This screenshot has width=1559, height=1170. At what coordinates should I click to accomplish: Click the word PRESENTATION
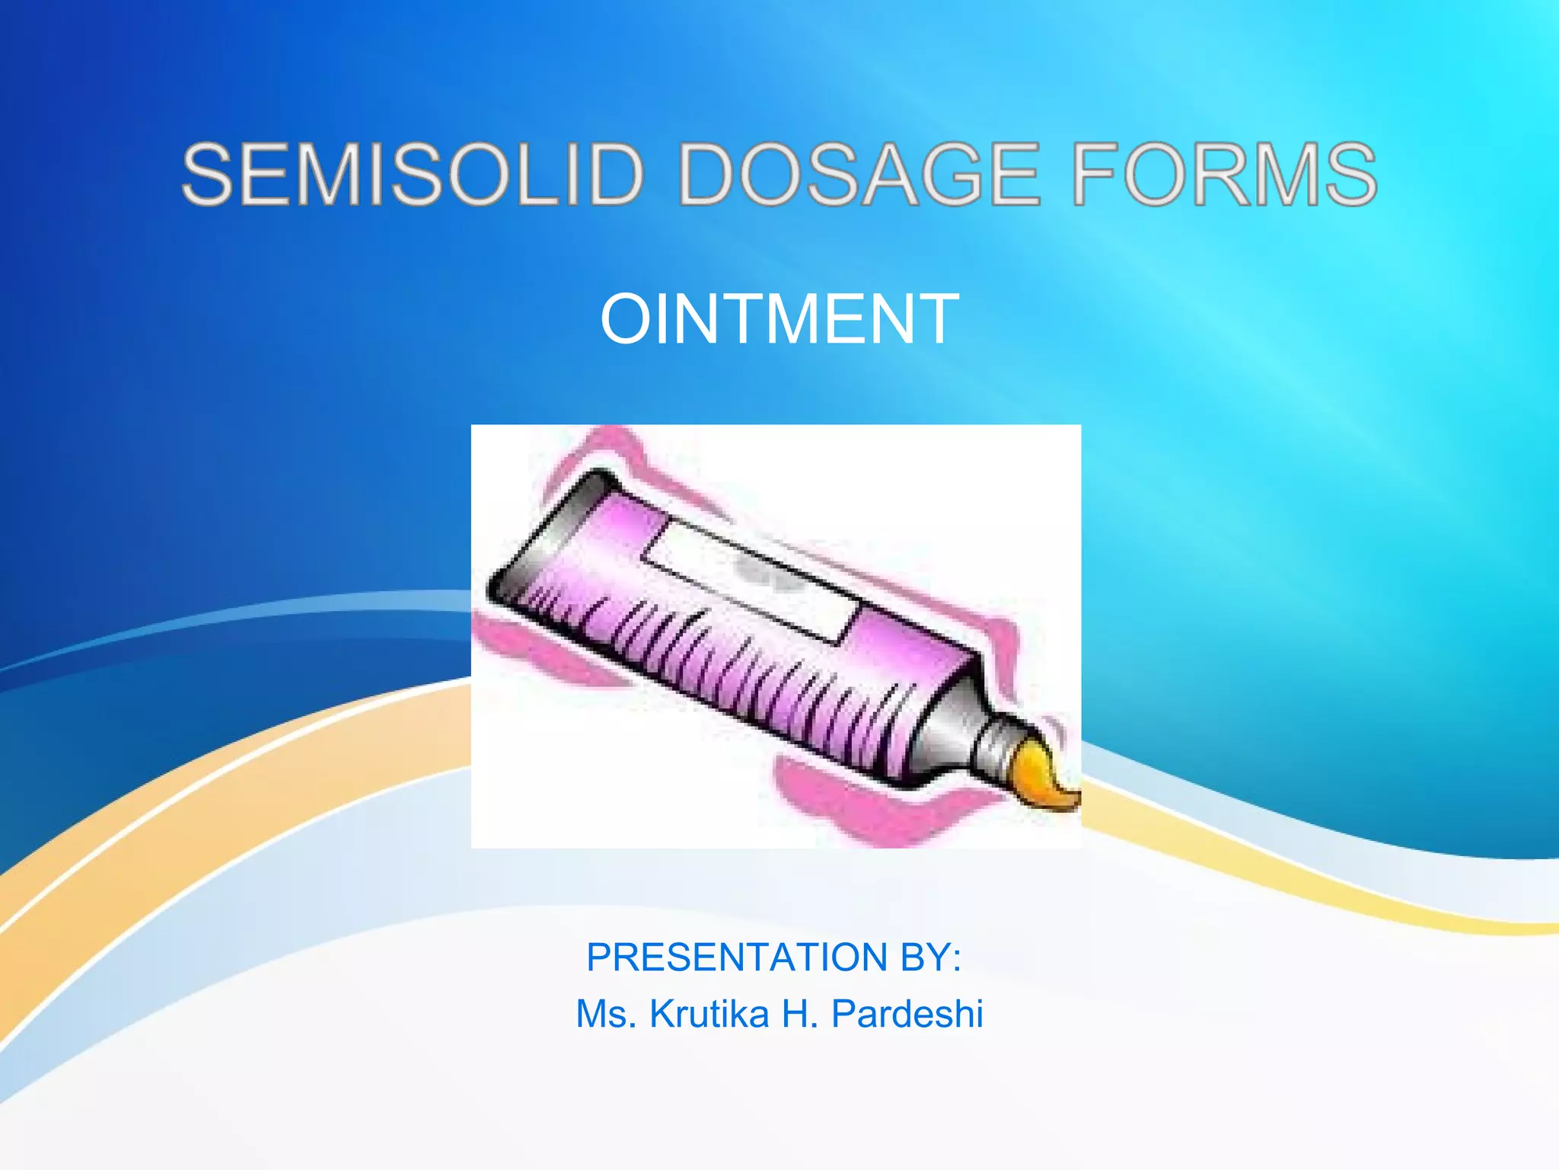point(737,957)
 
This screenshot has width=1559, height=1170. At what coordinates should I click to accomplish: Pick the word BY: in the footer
point(931,957)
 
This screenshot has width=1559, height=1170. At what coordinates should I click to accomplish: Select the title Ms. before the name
point(606,1014)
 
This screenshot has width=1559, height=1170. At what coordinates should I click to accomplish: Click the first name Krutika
point(709,1014)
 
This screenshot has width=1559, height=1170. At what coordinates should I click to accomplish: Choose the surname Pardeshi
point(907,1014)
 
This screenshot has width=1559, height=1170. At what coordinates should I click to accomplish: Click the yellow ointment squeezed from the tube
point(1047,777)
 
